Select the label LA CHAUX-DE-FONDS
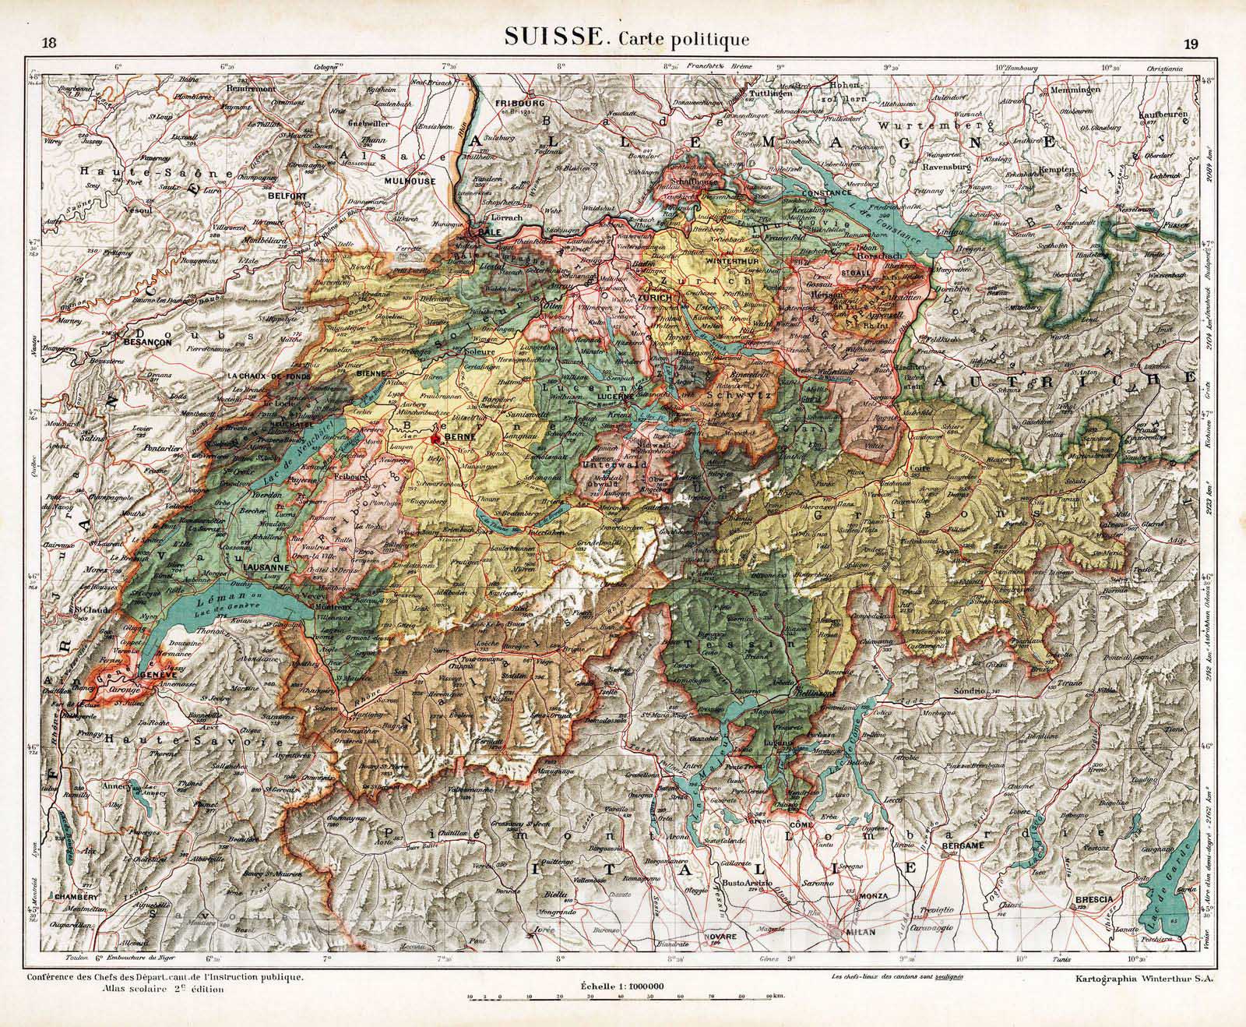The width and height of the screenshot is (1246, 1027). (269, 376)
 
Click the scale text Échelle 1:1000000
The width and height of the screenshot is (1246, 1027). (621, 986)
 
